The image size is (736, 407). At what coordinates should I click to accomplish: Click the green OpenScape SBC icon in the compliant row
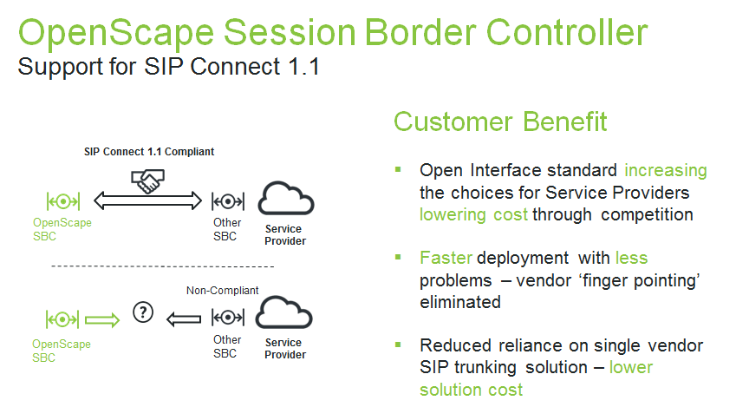point(63,202)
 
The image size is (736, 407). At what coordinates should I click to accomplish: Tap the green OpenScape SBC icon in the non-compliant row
point(63,318)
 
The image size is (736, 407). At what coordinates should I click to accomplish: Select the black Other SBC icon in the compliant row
point(227,202)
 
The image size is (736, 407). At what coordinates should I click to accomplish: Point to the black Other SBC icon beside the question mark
point(227,318)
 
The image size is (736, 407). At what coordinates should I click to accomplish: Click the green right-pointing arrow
point(101,318)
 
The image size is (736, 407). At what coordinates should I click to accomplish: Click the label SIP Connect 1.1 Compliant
point(148,152)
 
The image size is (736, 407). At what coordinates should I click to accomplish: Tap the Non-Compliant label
point(222,291)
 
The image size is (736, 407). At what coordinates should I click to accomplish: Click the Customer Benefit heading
point(500,121)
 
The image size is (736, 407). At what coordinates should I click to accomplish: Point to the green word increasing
point(666,170)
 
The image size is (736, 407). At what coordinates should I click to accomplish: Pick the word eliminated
point(459,302)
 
